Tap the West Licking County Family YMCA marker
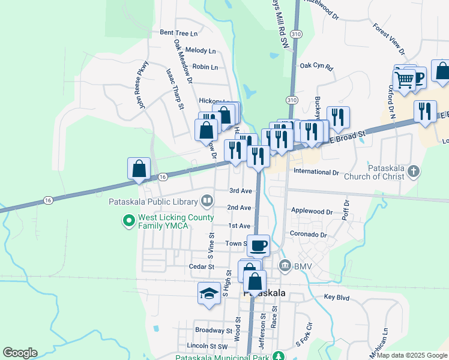128,221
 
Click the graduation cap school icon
208,293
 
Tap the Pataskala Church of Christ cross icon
413,172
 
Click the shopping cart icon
404,79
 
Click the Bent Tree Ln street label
178,33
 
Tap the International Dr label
316,172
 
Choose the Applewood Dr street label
312,211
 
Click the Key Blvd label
336,297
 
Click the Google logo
20,353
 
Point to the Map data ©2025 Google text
412,355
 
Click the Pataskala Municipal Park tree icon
279,356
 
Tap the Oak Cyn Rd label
316,66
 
